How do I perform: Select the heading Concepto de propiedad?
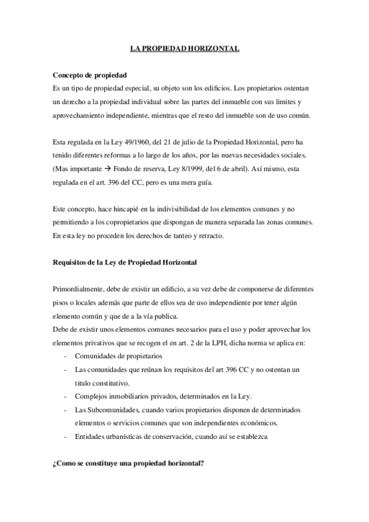90,74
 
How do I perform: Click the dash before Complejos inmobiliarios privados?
65,396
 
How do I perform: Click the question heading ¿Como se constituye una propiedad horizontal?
129,464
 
